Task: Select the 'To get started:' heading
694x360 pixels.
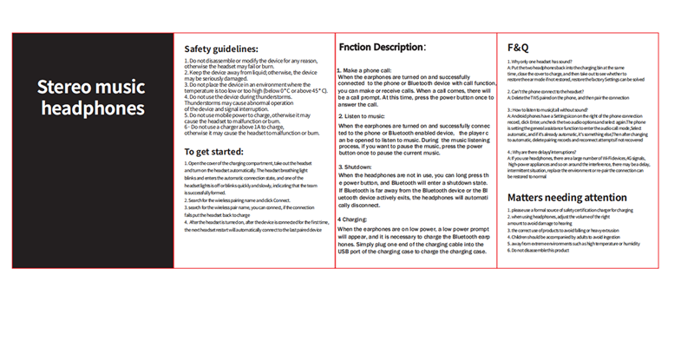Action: point(215,152)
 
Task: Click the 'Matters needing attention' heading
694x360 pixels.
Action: point(567,198)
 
